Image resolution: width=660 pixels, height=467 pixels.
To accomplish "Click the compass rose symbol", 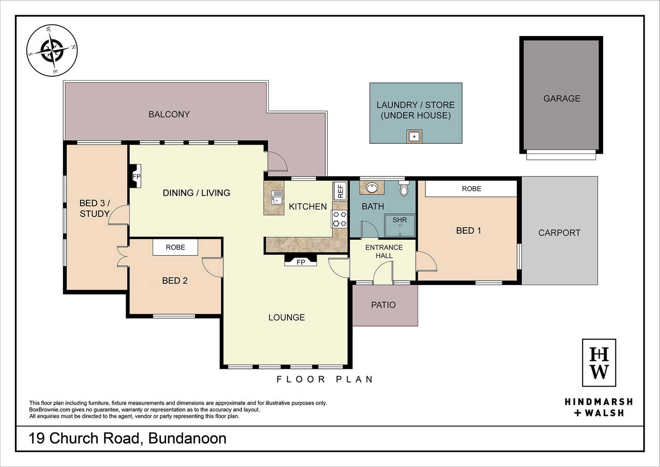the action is pos(52,50).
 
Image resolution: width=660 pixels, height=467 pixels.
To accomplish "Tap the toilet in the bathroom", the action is pos(404,188).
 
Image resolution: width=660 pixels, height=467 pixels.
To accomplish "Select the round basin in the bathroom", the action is pos(372,188).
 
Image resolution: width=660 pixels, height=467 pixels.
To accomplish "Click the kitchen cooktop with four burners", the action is pos(339,219).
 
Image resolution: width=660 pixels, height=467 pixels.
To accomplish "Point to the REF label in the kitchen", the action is pos(340,191).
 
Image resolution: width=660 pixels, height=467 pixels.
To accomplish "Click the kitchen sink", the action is pos(277,198).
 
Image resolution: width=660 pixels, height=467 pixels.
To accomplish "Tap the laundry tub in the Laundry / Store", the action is pos(414,136).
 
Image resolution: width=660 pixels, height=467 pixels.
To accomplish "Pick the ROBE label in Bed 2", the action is pos(175,247).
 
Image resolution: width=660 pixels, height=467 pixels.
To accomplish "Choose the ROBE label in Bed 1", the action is pos(472,189).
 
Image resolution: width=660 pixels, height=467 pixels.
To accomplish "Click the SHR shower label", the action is pos(400,220).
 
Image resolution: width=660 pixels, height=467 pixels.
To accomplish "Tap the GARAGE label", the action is pos(562,99).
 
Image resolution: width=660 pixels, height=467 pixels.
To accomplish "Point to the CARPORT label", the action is pos(559,233).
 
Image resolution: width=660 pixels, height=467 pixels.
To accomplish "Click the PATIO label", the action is pos(383,305).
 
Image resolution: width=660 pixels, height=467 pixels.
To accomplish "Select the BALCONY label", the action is pos(169,114).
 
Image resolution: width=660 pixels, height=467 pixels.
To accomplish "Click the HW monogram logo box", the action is pos(599,363).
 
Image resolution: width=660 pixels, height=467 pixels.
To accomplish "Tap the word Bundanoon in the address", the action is pos(188,439).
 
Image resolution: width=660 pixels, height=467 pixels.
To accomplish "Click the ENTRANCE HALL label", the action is pos(384,251).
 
